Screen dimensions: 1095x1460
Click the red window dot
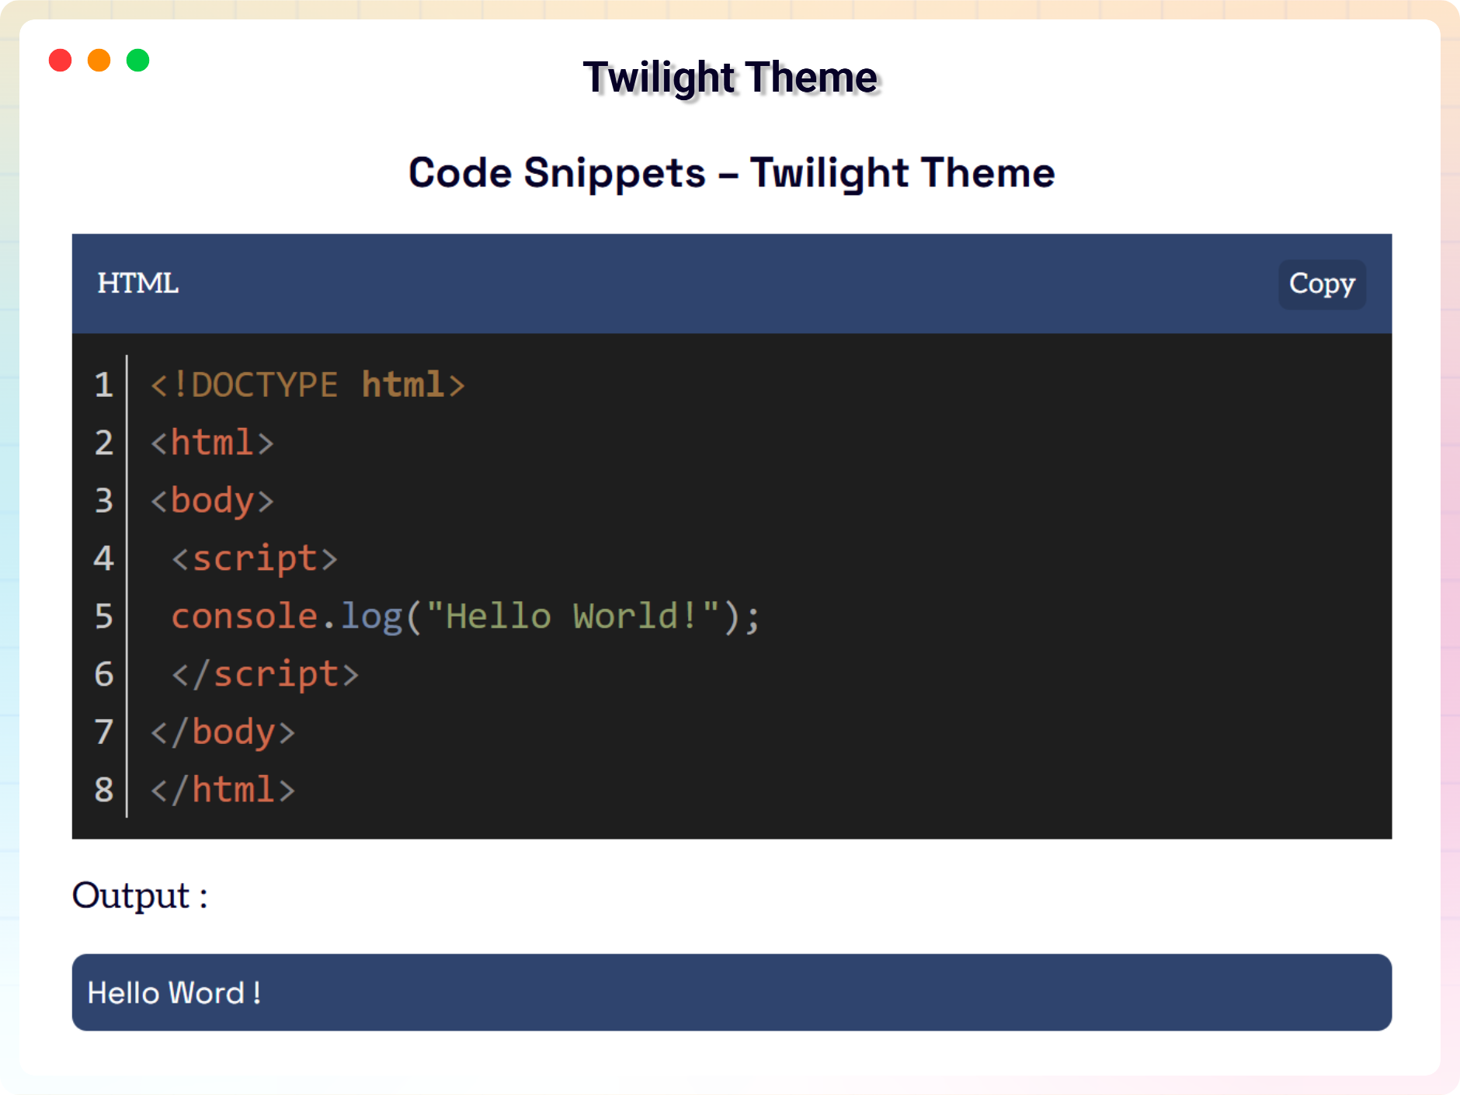click(x=61, y=61)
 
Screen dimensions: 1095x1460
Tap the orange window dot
click(x=99, y=61)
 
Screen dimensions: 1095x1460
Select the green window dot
click(x=138, y=61)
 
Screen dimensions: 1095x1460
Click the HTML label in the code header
click(x=138, y=283)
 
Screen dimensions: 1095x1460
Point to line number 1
click(x=104, y=385)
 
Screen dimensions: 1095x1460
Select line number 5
click(x=104, y=617)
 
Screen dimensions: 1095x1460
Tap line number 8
click(x=104, y=790)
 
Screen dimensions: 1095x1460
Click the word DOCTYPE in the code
click(x=264, y=385)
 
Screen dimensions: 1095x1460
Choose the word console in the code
click(x=245, y=617)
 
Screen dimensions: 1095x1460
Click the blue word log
click(x=372, y=617)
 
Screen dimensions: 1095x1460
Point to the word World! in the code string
click(x=634, y=617)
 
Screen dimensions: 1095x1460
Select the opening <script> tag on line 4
click(x=255, y=559)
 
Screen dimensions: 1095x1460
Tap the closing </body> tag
click(x=223, y=732)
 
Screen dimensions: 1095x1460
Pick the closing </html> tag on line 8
click(x=223, y=790)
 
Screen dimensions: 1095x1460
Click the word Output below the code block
click(x=131, y=895)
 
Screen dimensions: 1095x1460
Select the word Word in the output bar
click(x=207, y=993)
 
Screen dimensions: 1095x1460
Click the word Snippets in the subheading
click(x=614, y=172)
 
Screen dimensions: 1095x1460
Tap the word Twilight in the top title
click(x=659, y=78)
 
